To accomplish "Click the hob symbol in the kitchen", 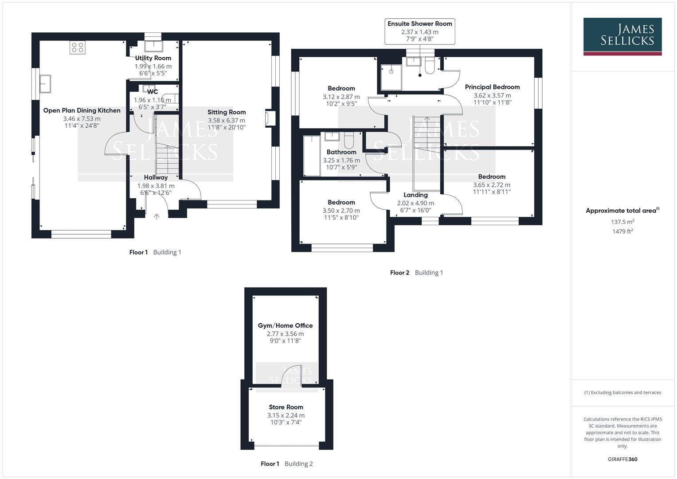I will pos(77,48).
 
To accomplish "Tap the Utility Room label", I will pos(153,58).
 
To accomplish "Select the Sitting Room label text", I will pos(227,112).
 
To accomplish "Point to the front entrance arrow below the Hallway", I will pos(157,216).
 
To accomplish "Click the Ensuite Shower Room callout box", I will pos(419,31).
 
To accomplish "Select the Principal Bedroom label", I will pos(492,87).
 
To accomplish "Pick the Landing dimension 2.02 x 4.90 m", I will pos(415,203).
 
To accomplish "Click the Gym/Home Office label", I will pos(285,326).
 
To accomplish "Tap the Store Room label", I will pos(286,407).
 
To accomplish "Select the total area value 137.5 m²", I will pos(622,222).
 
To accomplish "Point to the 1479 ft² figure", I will pos(622,232).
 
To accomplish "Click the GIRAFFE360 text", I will pos(622,459).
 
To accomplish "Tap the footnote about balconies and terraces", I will pos(622,393).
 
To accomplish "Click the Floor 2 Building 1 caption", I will pos(416,273).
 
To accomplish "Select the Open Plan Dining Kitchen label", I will pos(82,110).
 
